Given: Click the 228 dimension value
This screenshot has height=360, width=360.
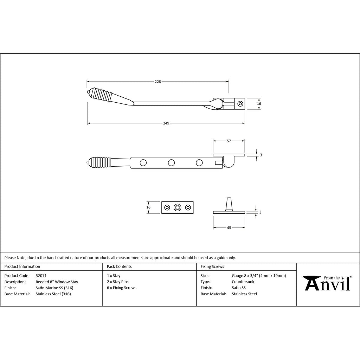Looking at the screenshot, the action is pyautogui.click(x=158, y=82).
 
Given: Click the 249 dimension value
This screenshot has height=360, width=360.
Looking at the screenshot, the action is pyautogui.click(x=166, y=123).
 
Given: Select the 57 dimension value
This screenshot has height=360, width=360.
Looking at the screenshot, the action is pyautogui.click(x=229, y=141).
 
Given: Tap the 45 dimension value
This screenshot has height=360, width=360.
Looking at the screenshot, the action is pyautogui.click(x=229, y=228).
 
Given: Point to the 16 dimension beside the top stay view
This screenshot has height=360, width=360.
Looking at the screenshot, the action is pyautogui.click(x=259, y=104).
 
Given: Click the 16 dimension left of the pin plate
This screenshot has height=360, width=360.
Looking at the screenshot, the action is pyautogui.click(x=148, y=207).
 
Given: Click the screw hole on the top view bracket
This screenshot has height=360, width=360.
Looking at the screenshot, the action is pyautogui.click(x=240, y=104).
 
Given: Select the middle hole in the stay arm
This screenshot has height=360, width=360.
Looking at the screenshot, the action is pyautogui.click(x=171, y=163).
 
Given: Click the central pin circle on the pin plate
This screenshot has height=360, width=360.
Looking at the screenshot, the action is pyautogui.click(x=177, y=207).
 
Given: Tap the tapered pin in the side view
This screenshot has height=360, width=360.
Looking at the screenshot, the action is pyautogui.click(x=229, y=204).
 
